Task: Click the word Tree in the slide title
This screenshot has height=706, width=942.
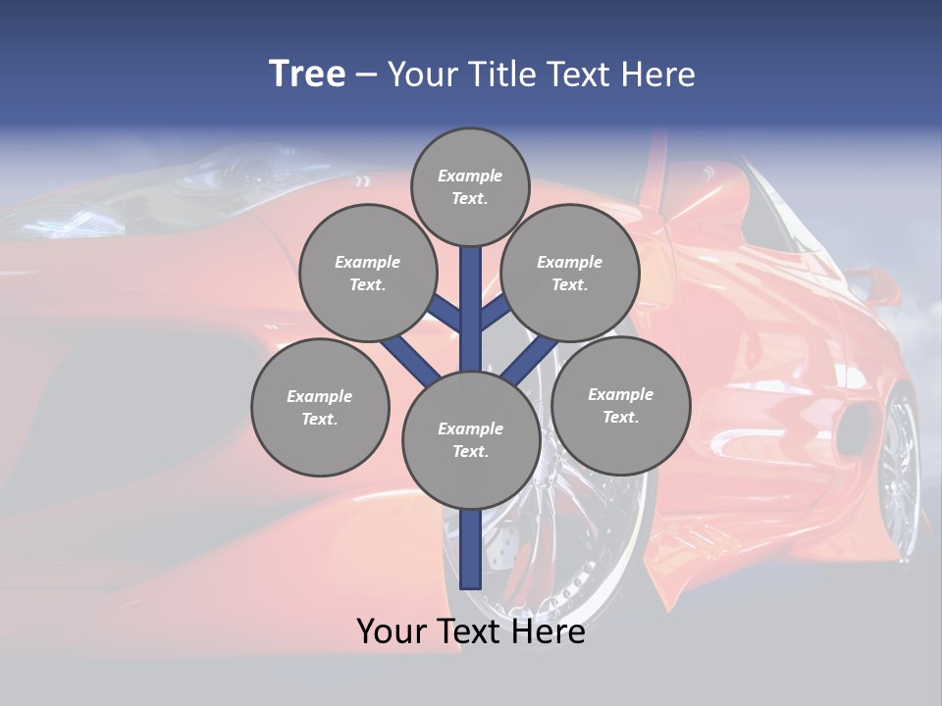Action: coord(307,75)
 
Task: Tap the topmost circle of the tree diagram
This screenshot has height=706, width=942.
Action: coord(470,186)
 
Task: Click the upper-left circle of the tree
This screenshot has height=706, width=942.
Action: coord(367,274)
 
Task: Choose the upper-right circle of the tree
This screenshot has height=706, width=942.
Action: coord(569,274)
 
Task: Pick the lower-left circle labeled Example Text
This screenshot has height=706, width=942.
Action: coord(320,407)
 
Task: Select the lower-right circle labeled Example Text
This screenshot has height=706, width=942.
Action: coord(620,405)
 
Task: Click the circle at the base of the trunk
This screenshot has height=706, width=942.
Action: coord(471,440)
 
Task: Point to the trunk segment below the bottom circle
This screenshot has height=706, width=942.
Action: coord(471,549)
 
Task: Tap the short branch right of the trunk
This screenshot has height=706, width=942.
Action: coord(495,312)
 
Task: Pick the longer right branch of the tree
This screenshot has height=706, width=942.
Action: coord(530,358)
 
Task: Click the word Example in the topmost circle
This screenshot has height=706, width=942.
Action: coord(470,176)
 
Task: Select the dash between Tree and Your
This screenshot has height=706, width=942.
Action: coord(366,76)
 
